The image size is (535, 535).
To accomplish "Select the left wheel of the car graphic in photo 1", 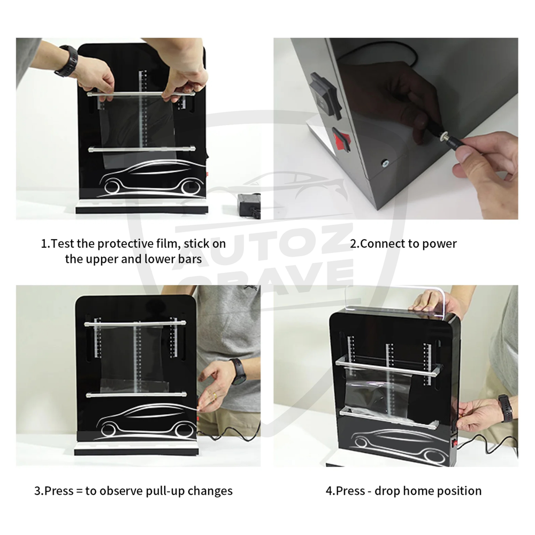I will pos(113,188).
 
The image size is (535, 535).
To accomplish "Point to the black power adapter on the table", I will pos(249,205).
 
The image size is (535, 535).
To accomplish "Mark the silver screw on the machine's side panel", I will pos(385,162).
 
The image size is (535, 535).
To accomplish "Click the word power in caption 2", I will pos(439,244).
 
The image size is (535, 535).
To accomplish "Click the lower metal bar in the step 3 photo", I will pos(136,395).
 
